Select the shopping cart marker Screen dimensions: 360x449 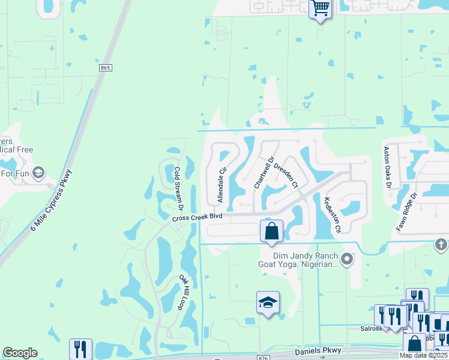click(321, 9)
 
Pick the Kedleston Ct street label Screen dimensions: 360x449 click(332, 215)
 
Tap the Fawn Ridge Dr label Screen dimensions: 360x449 click(406, 213)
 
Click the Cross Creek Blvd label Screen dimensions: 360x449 click(197, 217)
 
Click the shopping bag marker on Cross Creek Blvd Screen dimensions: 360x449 click(271, 231)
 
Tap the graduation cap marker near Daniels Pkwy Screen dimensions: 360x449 click(268, 302)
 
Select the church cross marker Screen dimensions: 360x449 click(441, 244)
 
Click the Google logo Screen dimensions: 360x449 click(20, 352)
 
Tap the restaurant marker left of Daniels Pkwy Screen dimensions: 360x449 click(80, 349)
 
